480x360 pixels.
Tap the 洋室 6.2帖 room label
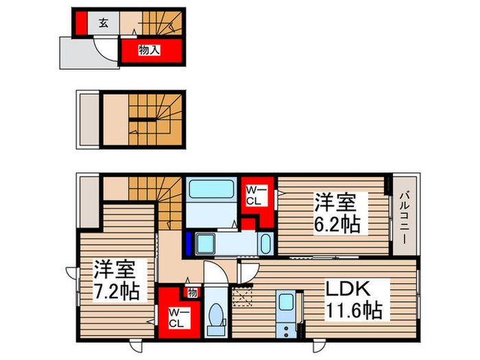point(336,213)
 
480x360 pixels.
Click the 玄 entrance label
point(103,23)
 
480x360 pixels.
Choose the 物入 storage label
point(151,50)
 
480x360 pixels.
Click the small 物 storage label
point(192,293)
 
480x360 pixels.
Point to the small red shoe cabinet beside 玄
point(80,23)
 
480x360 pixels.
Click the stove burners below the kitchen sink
point(288,323)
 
